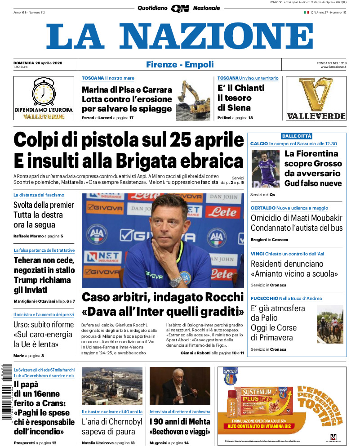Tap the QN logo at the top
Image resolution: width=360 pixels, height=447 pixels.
click(x=180, y=8)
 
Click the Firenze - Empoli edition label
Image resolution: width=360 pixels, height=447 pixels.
click(x=180, y=65)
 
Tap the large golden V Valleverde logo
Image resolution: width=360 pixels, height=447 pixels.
click(x=316, y=94)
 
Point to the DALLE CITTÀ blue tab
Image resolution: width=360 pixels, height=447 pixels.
click(x=296, y=136)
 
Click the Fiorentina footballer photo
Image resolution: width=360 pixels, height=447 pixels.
click(x=265, y=168)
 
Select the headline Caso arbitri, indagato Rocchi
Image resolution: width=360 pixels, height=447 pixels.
click(x=163, y=297)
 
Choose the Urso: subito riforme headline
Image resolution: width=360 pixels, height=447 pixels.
click(x=44, y=324)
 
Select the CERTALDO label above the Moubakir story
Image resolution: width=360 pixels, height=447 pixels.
click(x=263, y=208)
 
